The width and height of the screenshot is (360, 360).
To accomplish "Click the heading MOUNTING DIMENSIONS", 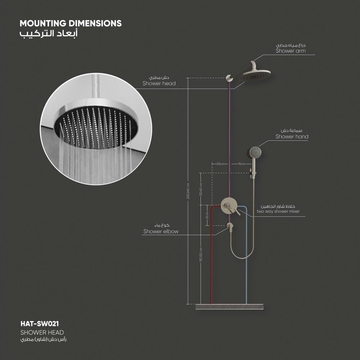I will pos(71,23).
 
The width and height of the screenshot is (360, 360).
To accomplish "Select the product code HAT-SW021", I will pos(39,324).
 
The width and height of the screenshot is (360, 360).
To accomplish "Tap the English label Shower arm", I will pos(291,51).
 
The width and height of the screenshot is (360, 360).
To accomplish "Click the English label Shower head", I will pos(159,84).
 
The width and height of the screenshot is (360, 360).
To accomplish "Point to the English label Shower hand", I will pos(292,137).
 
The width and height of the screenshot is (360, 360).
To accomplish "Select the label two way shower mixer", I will pos(278,212).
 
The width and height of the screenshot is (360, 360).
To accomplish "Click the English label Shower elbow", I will pos(161,231).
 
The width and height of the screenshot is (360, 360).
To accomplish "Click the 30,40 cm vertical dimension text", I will pos(201,189).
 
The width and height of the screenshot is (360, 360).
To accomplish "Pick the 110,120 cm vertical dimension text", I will pos(201,256).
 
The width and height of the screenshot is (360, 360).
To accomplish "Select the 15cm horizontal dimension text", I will pos(242,164).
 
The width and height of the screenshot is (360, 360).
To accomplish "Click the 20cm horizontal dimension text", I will pos(220,164).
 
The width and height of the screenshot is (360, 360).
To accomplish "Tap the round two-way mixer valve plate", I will pos(228,206).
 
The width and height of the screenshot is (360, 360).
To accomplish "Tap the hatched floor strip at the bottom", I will pos(229,306).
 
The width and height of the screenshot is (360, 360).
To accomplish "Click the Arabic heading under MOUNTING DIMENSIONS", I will pos(48,34).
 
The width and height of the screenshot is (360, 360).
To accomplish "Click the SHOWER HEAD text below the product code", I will pos(42,332).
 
